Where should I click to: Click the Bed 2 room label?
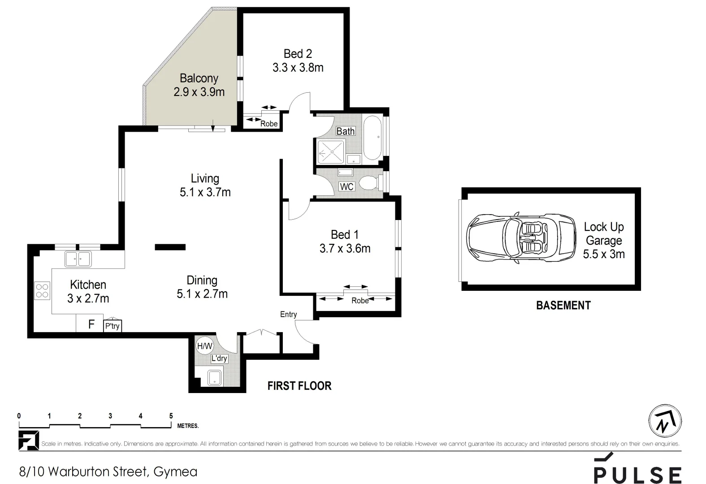pos(298,54)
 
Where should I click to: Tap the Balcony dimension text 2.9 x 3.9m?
pos(199,92)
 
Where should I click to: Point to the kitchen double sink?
pos(78,259)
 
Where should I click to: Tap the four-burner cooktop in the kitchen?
pos(42,290)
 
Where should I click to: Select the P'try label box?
pos(113,326)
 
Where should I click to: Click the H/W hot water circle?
pos(204,346)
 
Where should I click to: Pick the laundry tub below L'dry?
pos(215,378)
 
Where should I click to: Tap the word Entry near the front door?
pos(288,315)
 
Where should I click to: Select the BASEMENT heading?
pos(563,305)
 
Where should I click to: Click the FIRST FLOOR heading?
pos(299,386)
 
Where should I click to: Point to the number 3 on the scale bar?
pos(110,416)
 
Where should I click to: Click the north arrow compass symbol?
pos(665,421)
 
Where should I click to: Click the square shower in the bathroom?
pos(331,152)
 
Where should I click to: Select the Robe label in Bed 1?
pos(360,301)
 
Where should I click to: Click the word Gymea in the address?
pos(175,472)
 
